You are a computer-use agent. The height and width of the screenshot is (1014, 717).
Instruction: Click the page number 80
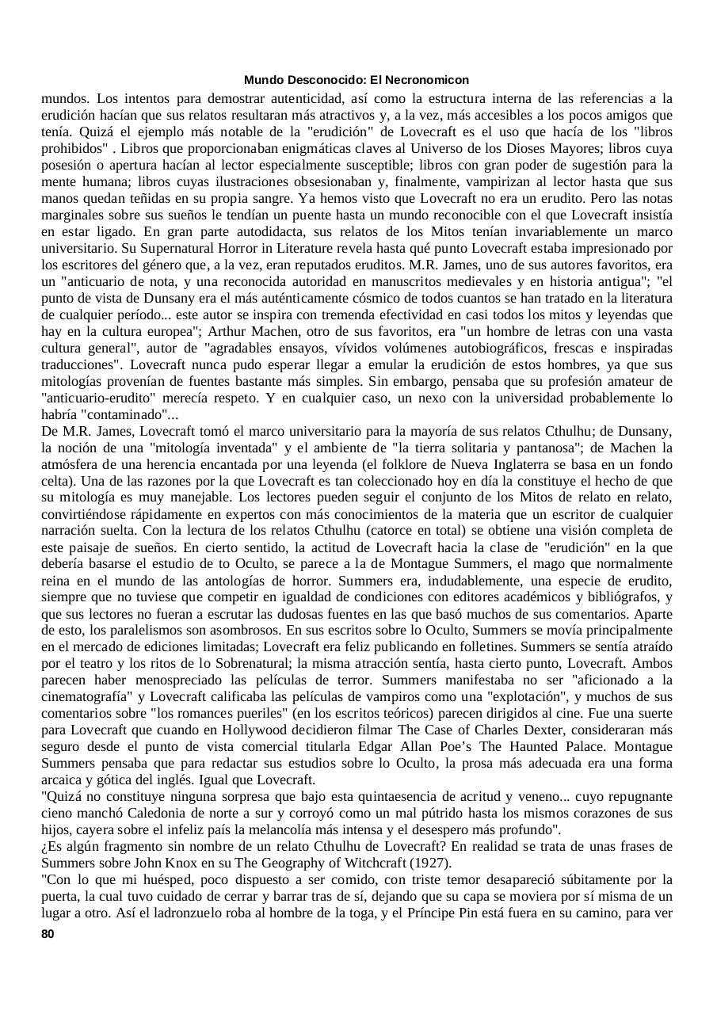[48, 934]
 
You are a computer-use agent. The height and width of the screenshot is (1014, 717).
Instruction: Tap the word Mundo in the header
[261, 80]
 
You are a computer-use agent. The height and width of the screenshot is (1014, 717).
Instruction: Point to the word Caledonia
[204, 813]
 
